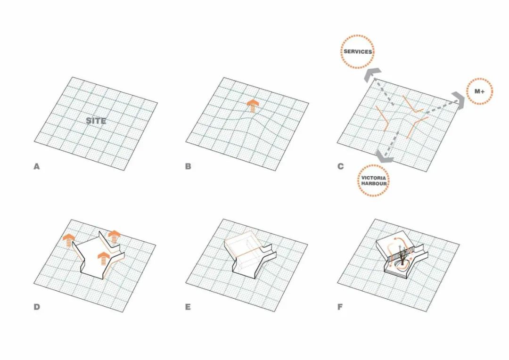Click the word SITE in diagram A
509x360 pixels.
click(96, 121)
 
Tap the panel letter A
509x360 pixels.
click(37, 166)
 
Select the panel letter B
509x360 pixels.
click(188, 166)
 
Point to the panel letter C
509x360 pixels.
click(341, 166)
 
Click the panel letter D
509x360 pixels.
click(37, 307)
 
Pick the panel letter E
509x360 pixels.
click(188, 307)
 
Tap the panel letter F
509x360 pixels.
click(340, 307)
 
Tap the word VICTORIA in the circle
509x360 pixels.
click(374, 178)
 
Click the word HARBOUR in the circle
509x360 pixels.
click(374, 184)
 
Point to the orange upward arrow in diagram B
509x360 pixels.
click(253, 106)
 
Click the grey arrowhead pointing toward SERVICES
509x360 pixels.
click(371, 74)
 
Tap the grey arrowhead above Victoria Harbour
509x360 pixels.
click(385, 157)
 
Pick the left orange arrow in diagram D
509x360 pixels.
click(68, 240)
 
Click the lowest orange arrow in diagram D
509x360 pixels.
click(104, 259)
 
